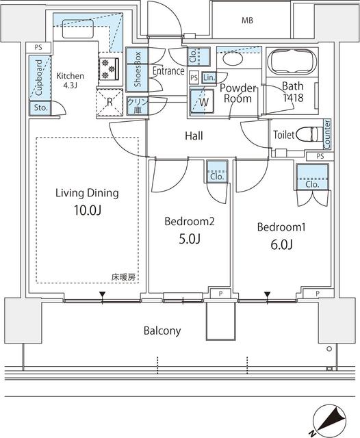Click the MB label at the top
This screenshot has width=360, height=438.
(246, 21)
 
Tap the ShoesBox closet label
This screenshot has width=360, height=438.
(138, 68)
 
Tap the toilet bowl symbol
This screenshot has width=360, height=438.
(306, 134)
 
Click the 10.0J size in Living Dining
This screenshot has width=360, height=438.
(86, 211)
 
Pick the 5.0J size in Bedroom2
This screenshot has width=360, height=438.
(189, 239)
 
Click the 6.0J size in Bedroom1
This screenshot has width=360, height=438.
(282, 244)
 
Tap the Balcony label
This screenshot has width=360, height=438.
(162, 331)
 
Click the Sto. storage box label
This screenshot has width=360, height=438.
(38, 107)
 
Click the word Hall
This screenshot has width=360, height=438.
(194, 136)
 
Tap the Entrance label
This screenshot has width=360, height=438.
(168, 70)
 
